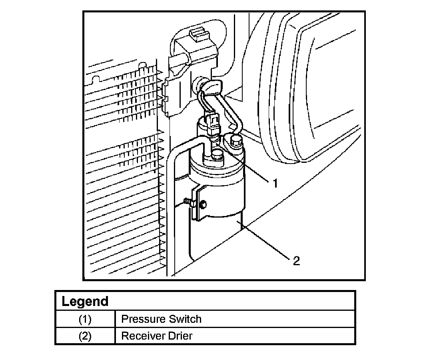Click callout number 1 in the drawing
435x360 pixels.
pos(275,184)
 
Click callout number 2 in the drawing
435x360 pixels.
pos(296,261)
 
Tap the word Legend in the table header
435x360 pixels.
pos(85,301)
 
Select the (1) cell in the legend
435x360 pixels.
pos(85,319)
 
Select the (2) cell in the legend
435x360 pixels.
pos(85,336)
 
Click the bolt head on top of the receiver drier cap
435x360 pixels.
pos(217,154)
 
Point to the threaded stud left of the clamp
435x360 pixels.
pos(187,202)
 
